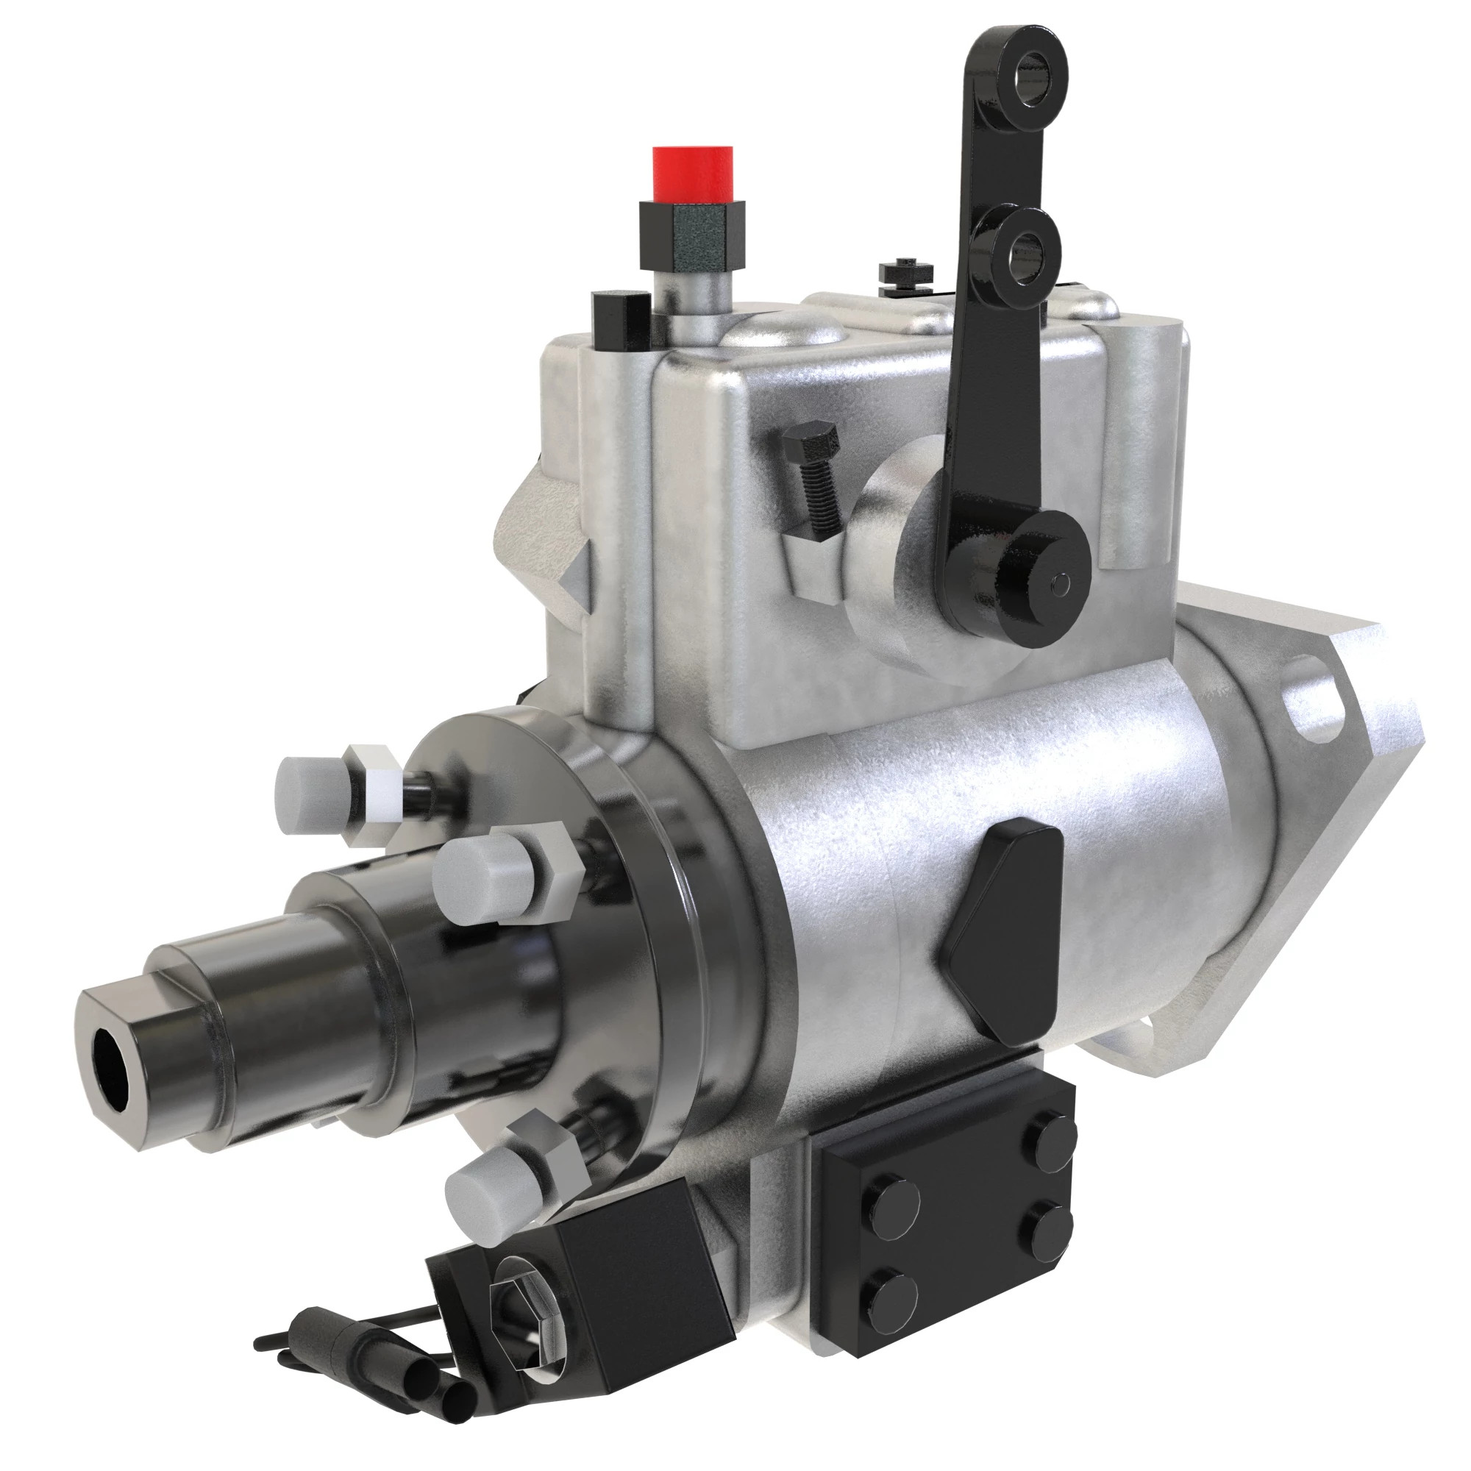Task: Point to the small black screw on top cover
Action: click(905, 274)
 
